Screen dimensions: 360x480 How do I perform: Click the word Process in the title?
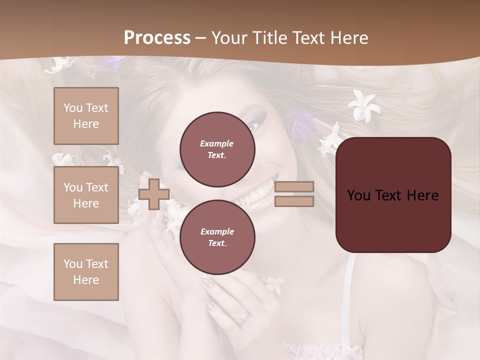point(157,38)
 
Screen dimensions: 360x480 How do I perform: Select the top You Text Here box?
point(86,116)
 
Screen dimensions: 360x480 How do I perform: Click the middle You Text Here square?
point(86,195)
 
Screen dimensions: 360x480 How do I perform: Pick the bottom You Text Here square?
point(86,271)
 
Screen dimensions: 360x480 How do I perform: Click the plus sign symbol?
point(154,194)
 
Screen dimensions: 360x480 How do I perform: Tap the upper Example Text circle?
point(217,149)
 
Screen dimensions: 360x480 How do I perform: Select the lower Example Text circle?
point(217,237)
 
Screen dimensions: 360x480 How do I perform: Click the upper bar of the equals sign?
point(294,187)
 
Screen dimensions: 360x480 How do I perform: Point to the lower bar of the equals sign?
point(294,201)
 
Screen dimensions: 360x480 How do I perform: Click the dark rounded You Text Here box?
point(393,195)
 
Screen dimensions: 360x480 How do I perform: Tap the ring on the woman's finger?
point(242,316)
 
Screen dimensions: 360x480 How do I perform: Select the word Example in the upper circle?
point(216,143)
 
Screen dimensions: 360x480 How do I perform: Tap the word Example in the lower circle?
point(217,231)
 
